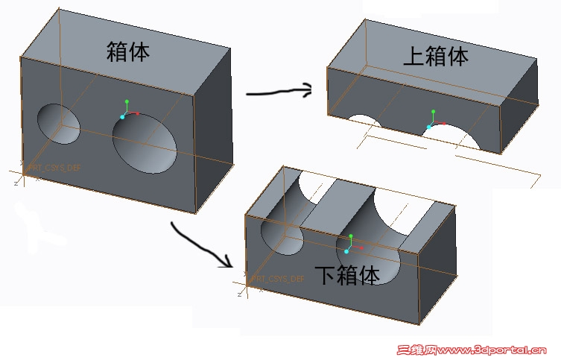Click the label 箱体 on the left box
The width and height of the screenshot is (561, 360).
pos(129,52)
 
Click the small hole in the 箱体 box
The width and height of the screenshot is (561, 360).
pos(59,124)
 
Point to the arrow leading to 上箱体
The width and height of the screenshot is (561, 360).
pos(279,92)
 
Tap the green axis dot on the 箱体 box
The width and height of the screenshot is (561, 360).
pos(127,101)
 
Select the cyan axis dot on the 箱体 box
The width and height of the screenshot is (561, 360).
pos(122,117)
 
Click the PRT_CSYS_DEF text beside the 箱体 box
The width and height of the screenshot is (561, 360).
pos(52,168)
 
